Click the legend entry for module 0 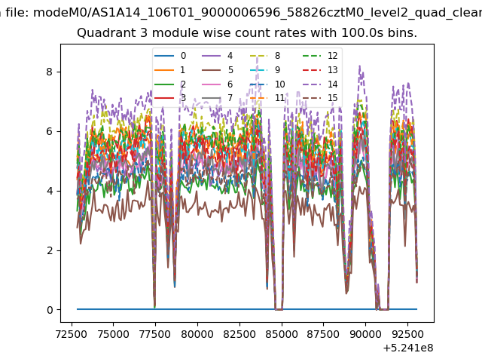point(170,56)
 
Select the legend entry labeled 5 point(218,70)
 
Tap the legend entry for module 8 point(265,56)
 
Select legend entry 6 point(218,84)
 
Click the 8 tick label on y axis point(50,72)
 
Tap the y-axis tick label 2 point(50,250)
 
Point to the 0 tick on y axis point(50,310)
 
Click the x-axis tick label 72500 point(72,334)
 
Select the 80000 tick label point(197,334)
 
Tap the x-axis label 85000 point(282,334)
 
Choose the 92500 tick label point(407,334)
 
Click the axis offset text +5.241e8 point(408,348)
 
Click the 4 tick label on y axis point(50,191)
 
